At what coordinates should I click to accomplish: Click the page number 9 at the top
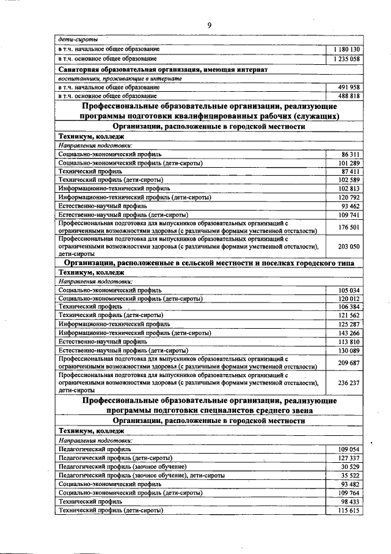[209, 25]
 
